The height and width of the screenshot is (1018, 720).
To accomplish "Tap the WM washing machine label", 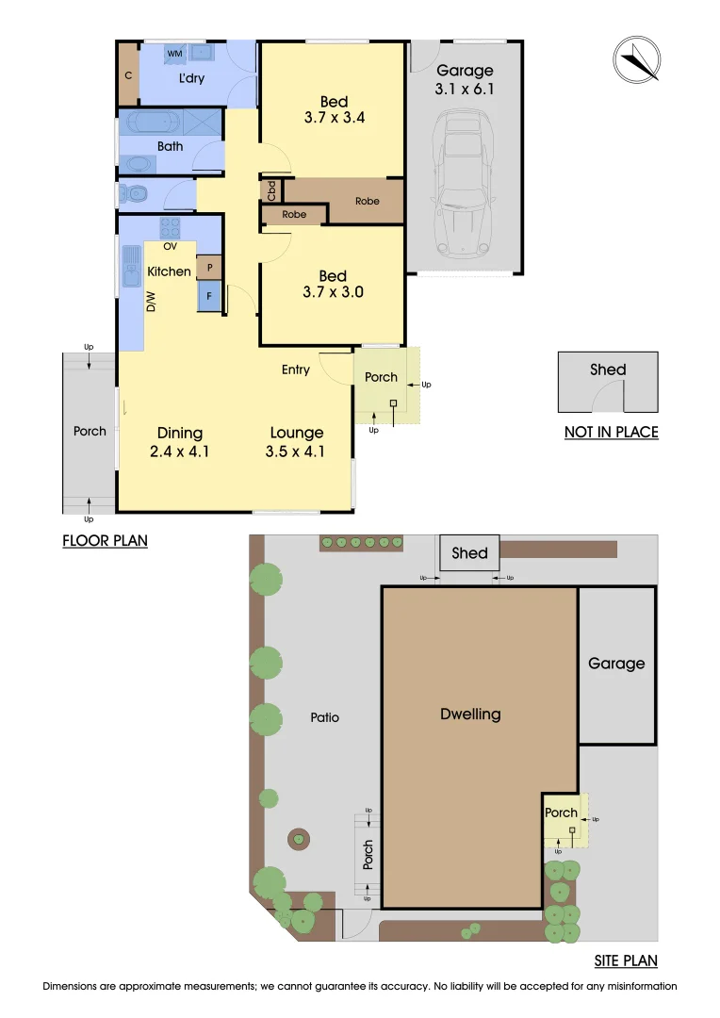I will click(x=174, y=55).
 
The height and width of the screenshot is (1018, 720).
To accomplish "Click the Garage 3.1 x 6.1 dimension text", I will click(x=464, y=90).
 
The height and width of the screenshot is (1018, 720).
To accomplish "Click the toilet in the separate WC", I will click(x=135, y=193).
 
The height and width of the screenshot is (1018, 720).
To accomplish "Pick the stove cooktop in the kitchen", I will click(x=171, y=227).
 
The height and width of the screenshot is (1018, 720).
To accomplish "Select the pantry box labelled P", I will click(x=208, y=268).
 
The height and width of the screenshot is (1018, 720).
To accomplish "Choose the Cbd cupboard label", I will click(x=271, y=190).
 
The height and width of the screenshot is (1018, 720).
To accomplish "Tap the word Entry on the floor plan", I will click(x=295, y=369).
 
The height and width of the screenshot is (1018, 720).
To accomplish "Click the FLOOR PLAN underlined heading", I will click(x=105, y=541).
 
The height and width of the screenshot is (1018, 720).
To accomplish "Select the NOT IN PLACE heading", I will click(x=610, y=433).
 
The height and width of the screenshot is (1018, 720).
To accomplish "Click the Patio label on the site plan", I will click(x=323, y=717).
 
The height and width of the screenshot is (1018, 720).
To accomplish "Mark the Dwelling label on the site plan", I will click(x=470, y=714).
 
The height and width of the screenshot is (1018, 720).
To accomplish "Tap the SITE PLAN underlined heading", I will click(x=625, y=961).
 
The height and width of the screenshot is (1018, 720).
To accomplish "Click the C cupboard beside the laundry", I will click(x=127, y=74).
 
